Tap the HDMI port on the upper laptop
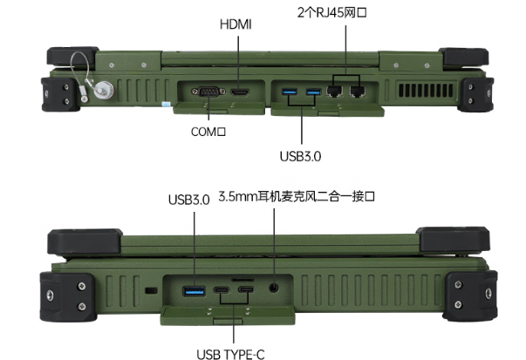coord(239,90)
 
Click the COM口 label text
coord(208,132)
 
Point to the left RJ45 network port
coord(335,90)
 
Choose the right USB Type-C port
coord(246,289)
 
